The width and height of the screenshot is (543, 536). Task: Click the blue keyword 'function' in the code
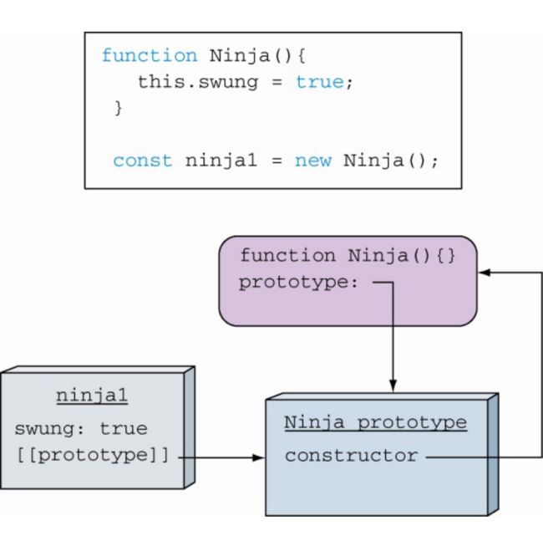click(x=150, y=55)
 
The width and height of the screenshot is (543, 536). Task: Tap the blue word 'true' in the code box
click(x=320, y=82)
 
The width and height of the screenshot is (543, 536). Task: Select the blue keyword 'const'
click(x=143, y=161)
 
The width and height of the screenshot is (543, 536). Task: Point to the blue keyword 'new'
click(x=313, y=161)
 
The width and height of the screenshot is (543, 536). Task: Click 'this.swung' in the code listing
click(x=198, y=83)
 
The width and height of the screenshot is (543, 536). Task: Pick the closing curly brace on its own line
click(x=118, y=108)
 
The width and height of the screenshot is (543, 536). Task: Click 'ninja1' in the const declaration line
click(x=221, y=161)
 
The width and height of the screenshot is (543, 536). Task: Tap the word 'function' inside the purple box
click(x=288, y=255)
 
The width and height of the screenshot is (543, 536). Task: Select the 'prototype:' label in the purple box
click(x=298, y=283)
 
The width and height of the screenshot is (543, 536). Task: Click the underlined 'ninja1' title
click(x=92, y=396)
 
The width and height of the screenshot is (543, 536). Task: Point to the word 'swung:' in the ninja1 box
click(x=49, y=429)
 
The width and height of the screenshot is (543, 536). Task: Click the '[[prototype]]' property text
click(x=93, y=455)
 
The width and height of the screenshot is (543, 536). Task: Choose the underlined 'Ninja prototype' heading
click(x=375, y=422)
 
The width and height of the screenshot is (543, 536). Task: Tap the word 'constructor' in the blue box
click(x=351, y=456)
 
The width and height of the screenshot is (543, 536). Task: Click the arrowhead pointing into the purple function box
click(x=485, y=273)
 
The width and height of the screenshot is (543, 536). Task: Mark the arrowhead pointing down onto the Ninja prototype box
click(x=393, y=385)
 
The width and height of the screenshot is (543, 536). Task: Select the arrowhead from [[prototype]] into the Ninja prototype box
click(x=258, y=457)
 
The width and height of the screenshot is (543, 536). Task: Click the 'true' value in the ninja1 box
click(x=124, y=429)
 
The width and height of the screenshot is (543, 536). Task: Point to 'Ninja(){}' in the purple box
click(x=401, y=256)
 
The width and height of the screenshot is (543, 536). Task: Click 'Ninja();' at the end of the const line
click(x=391, y=161)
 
